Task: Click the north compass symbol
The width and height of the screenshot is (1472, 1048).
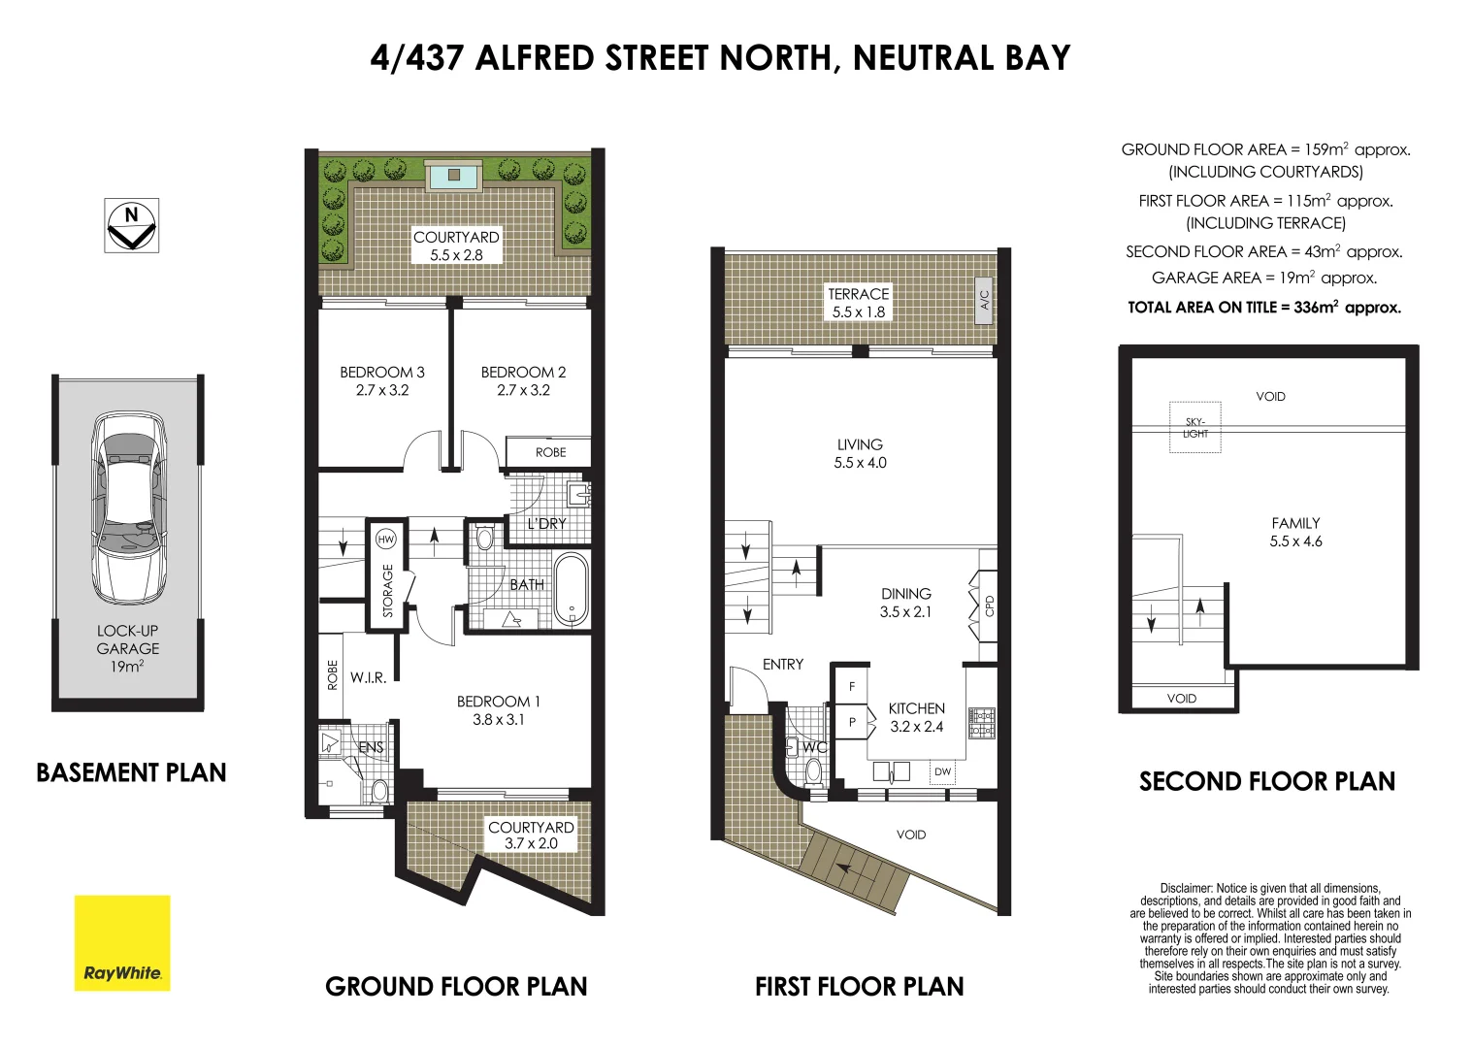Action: [x=132, y=225]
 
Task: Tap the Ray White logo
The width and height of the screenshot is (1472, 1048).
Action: [x=122, y=943]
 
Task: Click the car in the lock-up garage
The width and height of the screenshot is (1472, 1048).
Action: [x=128, y=508]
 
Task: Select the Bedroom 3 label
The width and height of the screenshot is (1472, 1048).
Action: [x=382, y=373]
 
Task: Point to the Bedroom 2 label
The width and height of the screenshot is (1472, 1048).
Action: [x=523, y=373]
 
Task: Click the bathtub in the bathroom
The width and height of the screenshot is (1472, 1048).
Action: [x=571, y=588]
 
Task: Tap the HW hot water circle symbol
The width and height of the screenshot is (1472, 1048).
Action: [x=386, y=540]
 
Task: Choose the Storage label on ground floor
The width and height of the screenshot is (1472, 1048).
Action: [x=388, y=591]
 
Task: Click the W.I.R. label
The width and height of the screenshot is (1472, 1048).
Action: [x=369, y=677]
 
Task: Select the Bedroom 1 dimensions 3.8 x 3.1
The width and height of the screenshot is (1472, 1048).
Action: [x=498, y=720]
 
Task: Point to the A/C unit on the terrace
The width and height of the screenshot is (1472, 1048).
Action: [x=984, y=299]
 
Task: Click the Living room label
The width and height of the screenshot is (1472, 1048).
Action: [x=860, y=445]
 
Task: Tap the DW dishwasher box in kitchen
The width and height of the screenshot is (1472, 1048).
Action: [x=943, y=772]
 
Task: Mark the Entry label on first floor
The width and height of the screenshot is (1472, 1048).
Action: [x=783, y=665]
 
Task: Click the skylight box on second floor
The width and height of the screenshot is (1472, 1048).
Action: [x=1195, y=427]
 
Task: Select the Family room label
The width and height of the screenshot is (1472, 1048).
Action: [x=1295, y=523]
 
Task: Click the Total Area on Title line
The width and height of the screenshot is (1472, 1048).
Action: [x=1264, y=308]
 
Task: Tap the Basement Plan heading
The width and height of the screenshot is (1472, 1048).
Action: [x=131, y=772]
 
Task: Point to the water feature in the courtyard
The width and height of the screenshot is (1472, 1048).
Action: [x=454, y=177]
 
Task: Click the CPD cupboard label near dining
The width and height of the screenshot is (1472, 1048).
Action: [x=990, y=606]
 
